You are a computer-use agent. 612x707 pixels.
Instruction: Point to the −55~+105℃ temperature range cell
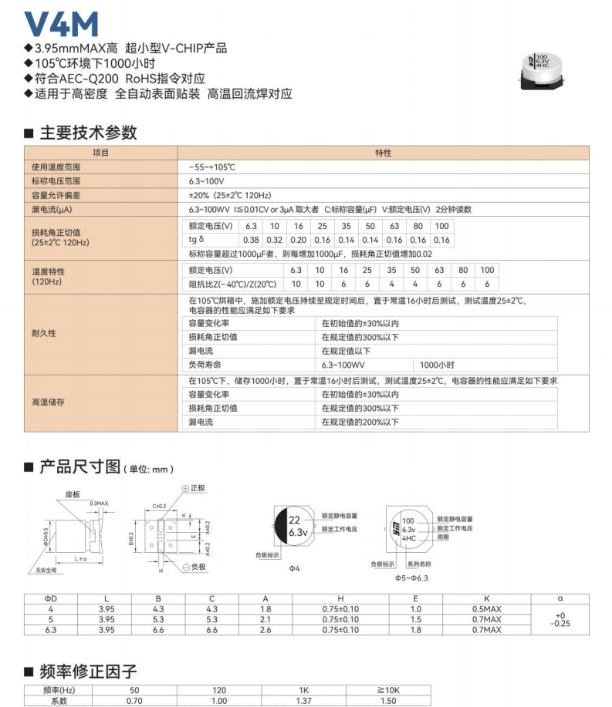[211, 167]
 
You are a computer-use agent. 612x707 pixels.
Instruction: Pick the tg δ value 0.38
[251, 240]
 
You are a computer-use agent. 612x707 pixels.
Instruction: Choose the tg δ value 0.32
[275, 240]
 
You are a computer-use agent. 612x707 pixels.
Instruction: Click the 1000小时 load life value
[437, 365]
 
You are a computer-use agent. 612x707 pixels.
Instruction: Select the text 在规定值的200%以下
[360, 422]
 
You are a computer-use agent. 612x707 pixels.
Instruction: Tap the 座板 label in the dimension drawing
[73, 493]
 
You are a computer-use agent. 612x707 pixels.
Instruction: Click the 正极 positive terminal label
[198, 488]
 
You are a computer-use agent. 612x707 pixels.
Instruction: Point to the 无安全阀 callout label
[46, 571]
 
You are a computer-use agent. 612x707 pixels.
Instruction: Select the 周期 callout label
[443, 537]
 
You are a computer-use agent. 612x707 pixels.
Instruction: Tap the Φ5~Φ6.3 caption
[411, 577]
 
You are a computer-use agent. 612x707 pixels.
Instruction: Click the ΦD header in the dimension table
[51, 599]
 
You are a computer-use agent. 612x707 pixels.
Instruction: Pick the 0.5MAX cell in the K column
[486, 609]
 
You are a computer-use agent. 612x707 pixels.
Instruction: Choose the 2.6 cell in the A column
[265, 630]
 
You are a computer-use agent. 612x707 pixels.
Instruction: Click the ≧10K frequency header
[388, 690]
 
